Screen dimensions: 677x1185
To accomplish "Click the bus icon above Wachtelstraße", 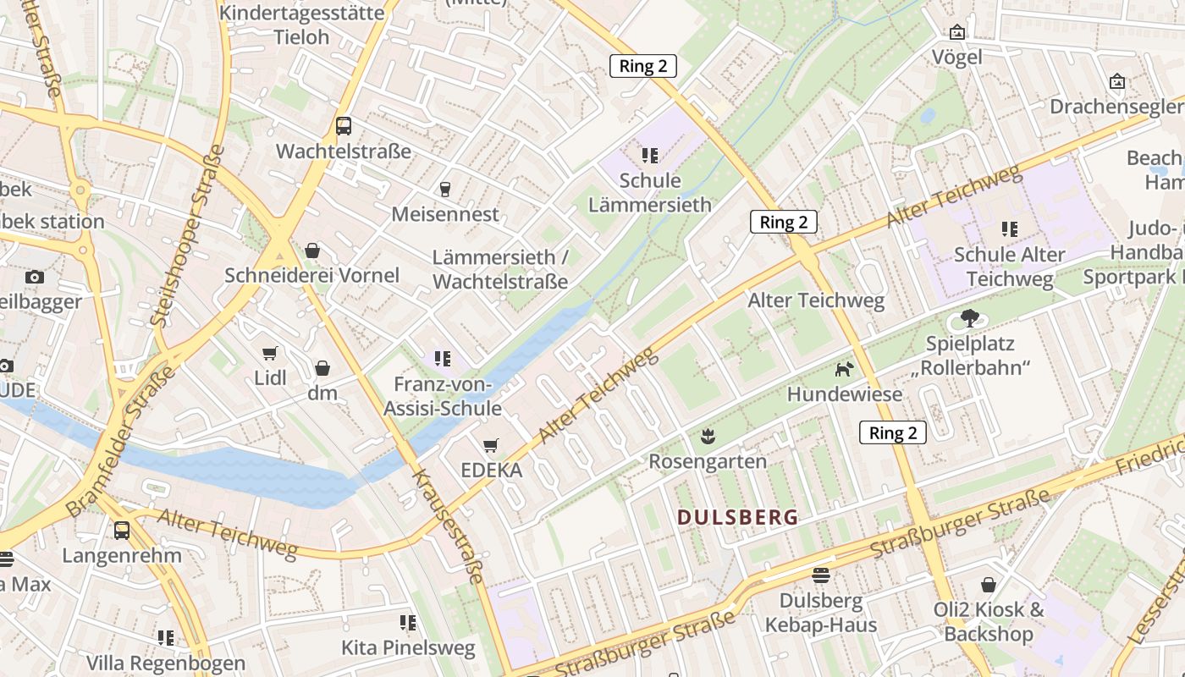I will [344, 126].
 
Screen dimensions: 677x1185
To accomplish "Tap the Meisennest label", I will [445, 214].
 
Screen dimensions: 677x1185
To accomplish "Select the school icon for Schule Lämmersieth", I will [650, 155].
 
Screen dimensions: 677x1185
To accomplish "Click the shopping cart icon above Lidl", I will [270, 353].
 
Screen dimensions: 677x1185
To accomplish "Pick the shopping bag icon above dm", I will [322, 368].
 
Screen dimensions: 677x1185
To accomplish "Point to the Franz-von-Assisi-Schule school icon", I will [442, 359].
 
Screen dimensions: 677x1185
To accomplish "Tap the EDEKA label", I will [491, 471].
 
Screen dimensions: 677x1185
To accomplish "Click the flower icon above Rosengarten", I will [708, 437].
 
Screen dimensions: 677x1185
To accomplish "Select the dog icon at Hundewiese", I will [844, 369].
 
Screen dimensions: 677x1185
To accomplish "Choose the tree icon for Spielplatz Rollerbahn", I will [969, 319].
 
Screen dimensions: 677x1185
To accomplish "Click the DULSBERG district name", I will [738, 518].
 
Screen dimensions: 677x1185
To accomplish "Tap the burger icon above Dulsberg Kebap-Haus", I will [820, 575].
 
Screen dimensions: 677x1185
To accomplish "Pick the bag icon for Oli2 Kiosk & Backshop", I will [989, 584].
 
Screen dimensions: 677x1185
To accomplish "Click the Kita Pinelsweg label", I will [408, 648].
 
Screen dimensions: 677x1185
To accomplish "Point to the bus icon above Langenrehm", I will [122, 531].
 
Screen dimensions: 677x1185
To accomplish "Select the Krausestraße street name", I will [449, 525].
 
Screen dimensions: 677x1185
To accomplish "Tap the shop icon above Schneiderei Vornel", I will [312, 250].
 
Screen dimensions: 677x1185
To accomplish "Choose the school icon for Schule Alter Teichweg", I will [1009, 228].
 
